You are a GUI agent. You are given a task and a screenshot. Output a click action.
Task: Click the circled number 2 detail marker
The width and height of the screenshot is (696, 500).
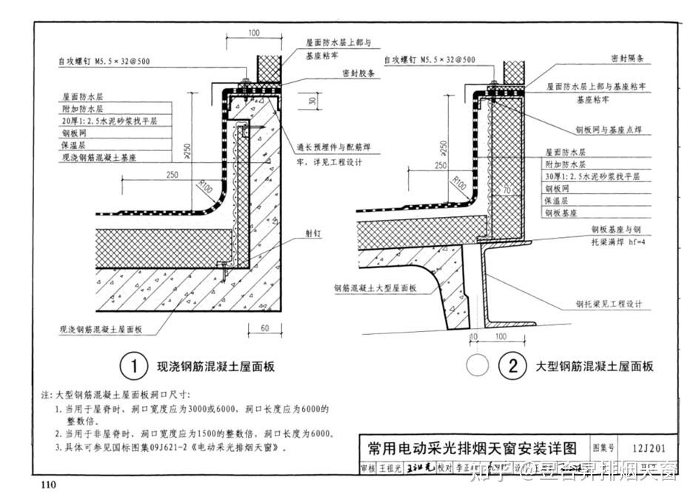tap(511, 366)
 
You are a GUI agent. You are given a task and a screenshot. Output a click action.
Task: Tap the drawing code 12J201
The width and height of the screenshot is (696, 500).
tap(646, 448)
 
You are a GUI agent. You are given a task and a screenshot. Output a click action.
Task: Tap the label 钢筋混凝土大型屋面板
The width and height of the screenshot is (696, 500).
tap(375, 287)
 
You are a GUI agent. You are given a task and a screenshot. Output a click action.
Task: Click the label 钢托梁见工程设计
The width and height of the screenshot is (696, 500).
tap(609, 304)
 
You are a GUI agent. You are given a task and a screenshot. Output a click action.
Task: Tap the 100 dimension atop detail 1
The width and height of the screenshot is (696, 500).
tap(253, 33)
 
